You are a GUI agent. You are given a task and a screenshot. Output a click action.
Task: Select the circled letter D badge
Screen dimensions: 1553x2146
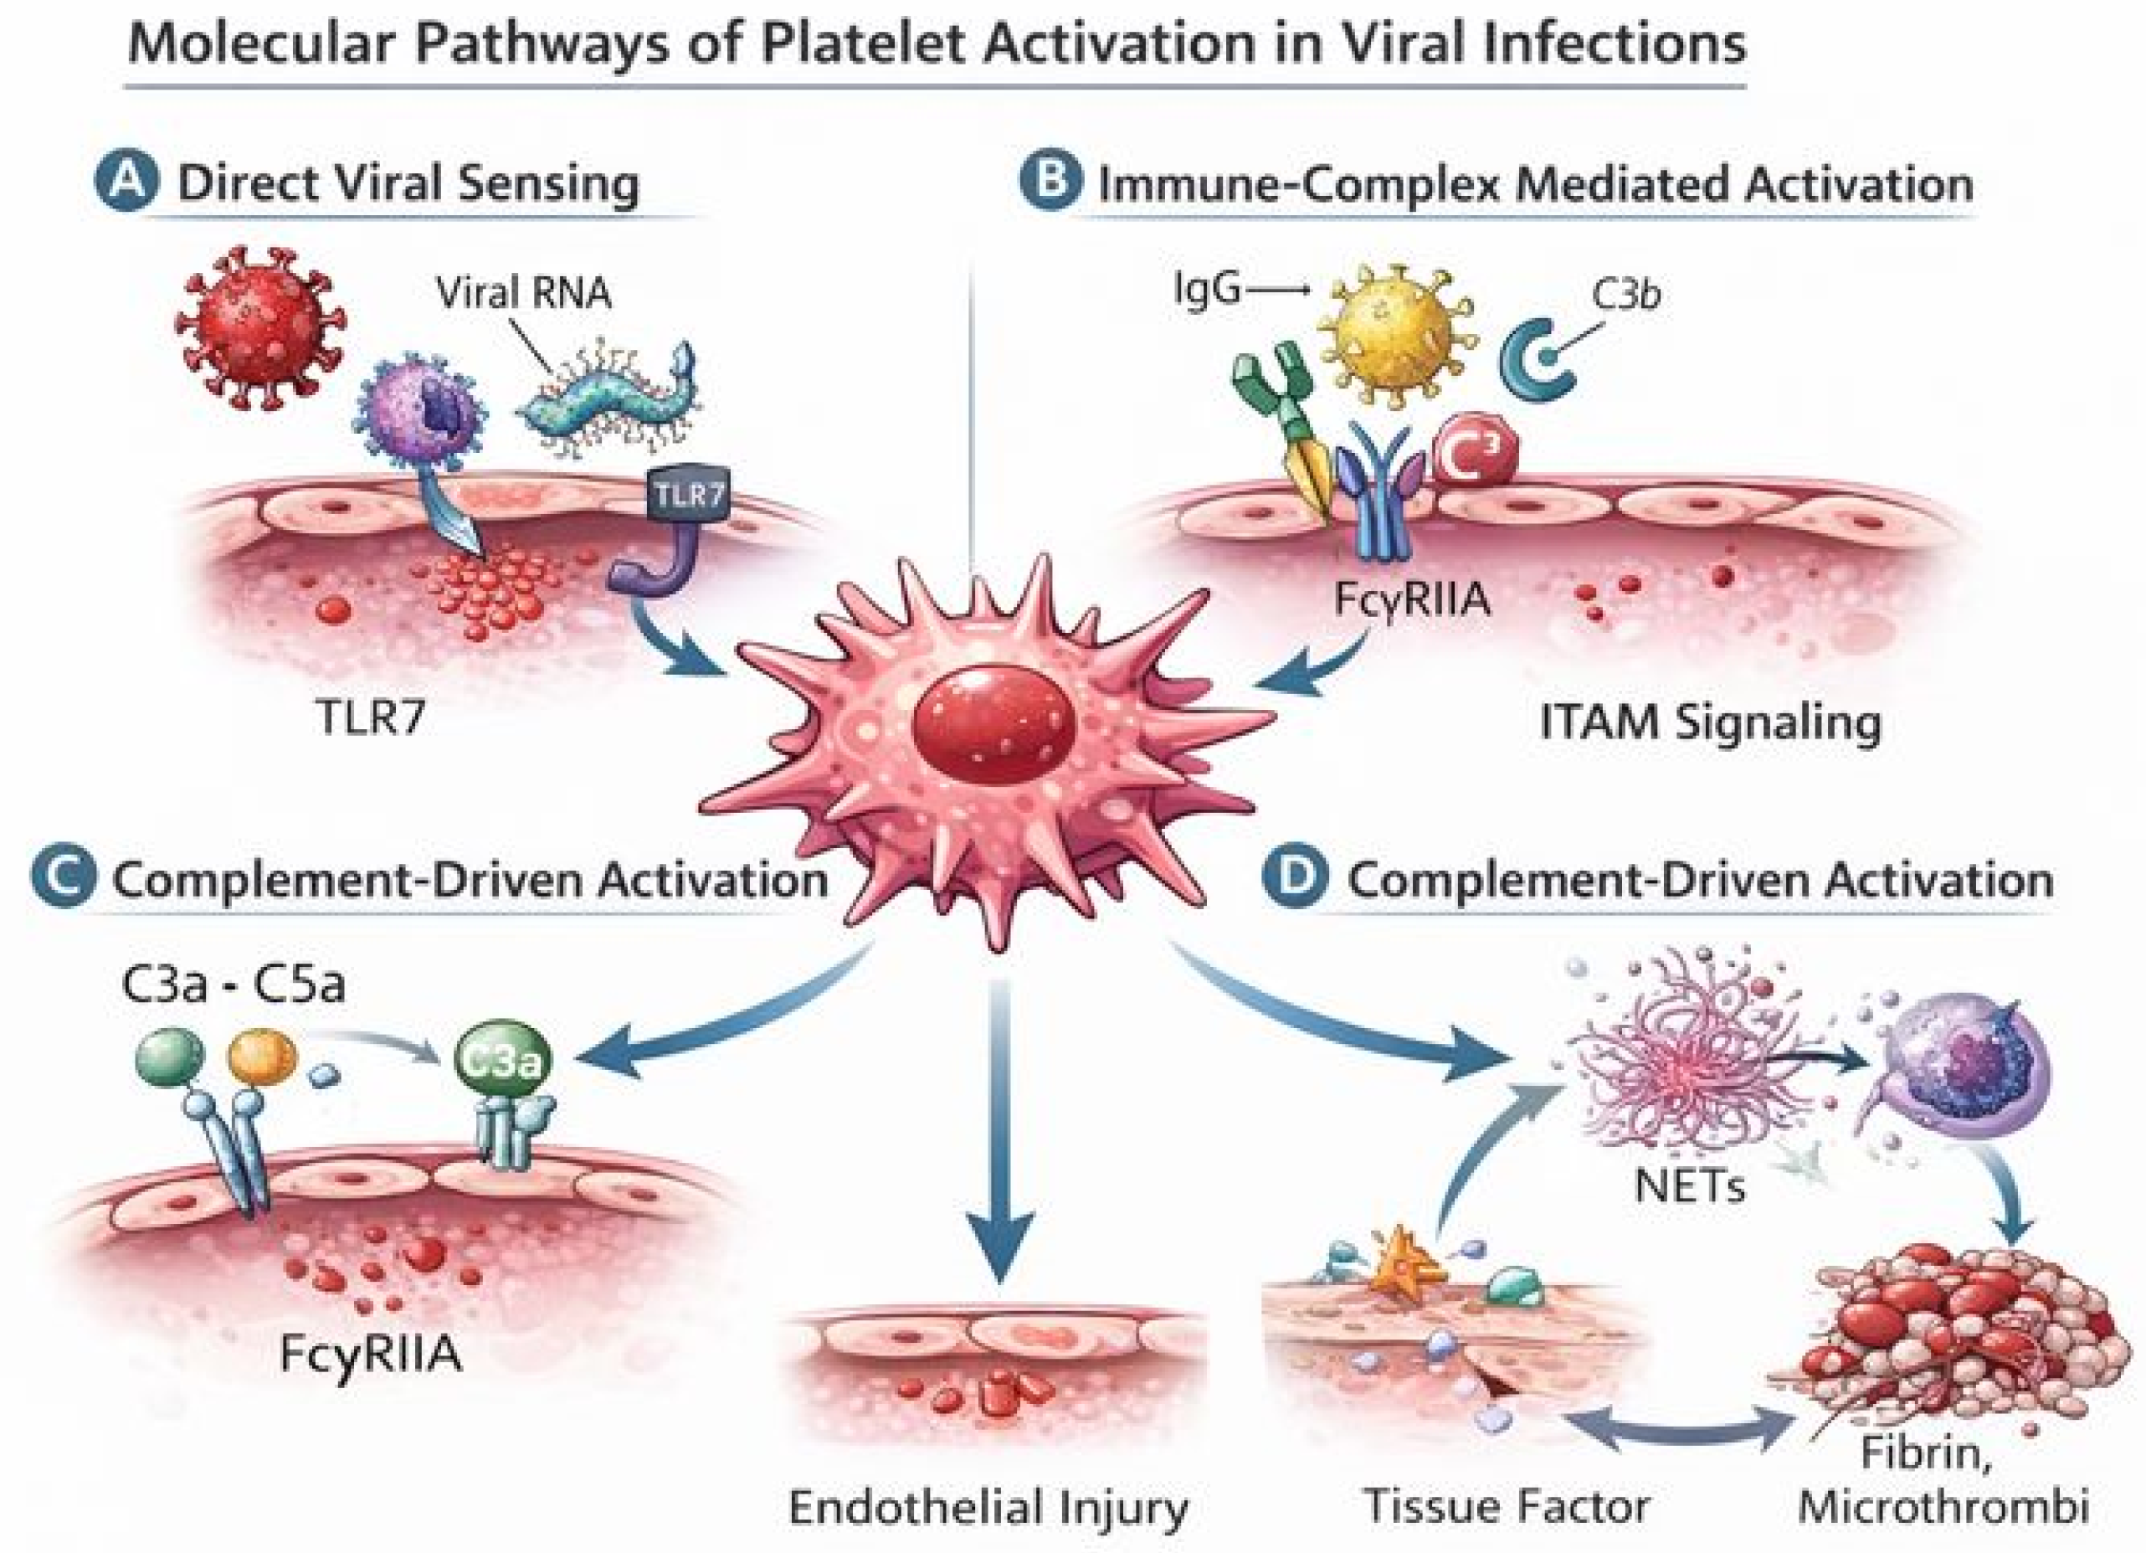click(1296, 878)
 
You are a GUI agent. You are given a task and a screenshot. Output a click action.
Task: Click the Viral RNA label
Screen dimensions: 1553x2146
click(523, 293)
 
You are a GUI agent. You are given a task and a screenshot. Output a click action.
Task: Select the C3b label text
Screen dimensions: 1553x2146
click(1625, 296)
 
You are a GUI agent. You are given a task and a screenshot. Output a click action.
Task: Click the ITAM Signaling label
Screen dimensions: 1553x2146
click(1711, 724)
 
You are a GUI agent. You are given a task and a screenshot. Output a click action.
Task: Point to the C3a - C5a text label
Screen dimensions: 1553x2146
click(234, 985)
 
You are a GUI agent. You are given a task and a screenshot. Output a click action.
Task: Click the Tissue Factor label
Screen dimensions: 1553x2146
click(1507, 1508)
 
